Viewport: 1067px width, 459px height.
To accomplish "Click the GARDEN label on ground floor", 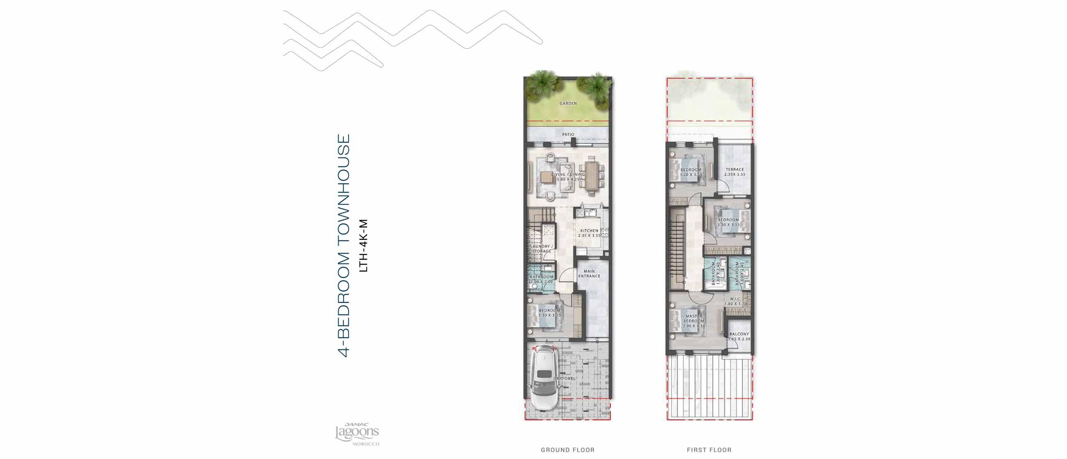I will click(568, 103).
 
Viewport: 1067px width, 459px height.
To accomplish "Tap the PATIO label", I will click(568, 134).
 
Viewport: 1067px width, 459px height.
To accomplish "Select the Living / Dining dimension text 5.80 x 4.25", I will click(568, 180).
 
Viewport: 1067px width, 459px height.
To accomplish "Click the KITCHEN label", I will click(589, 231).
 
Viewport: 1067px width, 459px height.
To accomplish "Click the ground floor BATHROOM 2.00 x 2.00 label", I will click(541, 279).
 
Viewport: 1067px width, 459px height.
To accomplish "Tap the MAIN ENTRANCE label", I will click(589, 274).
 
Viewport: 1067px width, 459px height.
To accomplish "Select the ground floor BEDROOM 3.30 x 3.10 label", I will click(549, 313).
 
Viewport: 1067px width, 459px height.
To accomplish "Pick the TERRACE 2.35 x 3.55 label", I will click(735, 172).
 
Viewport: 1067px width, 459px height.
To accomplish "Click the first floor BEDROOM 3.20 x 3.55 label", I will click(691, 172).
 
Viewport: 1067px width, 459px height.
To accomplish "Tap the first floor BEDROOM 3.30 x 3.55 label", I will click(728, 222).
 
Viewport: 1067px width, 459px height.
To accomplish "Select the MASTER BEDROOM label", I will click(694, 318).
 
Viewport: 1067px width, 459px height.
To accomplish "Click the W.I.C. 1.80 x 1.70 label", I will click(735, 301).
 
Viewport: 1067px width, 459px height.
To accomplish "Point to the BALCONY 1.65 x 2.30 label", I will click(739, 336).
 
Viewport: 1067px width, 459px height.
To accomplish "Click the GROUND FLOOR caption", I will click(568, 450).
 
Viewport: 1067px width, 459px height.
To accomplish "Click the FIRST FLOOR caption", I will click(709, 450).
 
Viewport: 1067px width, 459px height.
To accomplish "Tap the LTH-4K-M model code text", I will click(363, 245).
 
